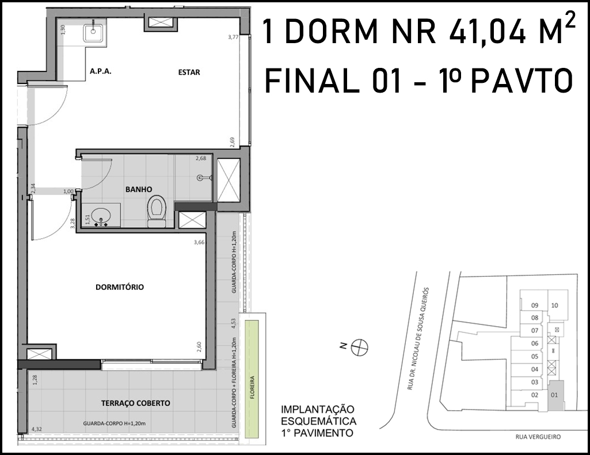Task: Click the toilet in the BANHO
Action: click(x=157, y=211)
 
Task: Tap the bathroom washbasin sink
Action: click(x=101, y=216)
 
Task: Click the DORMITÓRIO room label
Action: click(x=120, y=287)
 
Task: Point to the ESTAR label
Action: click(x=189, y=72)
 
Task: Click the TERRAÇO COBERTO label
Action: click(x=136, y=403)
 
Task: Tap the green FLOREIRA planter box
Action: click(x=252, y=378)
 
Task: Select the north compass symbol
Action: click(x=359, y=347)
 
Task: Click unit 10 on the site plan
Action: click(x=554, y=305)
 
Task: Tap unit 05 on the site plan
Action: click(x=535, y=357)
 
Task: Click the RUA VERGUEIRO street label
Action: click(x=538, y=437)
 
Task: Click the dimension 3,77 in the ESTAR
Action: click(x=233, y=37)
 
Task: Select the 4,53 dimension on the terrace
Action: click(x=233, y=324)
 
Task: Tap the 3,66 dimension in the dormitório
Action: click(x=199, y=242)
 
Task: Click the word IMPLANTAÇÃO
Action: click(x=318, y=410)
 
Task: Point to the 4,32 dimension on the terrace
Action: click(x=37, y=429)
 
